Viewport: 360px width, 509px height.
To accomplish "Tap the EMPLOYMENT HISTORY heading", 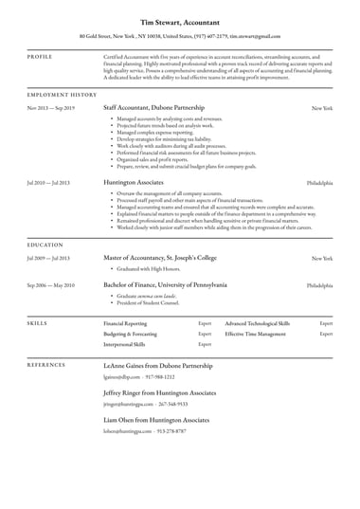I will pos(62,95).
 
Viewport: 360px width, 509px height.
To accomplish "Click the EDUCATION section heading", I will pos(45,244).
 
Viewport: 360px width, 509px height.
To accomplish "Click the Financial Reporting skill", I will pos(124,323).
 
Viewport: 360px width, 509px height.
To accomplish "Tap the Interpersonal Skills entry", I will pos(124,344).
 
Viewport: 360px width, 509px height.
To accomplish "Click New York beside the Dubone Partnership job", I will pos(322,109).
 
